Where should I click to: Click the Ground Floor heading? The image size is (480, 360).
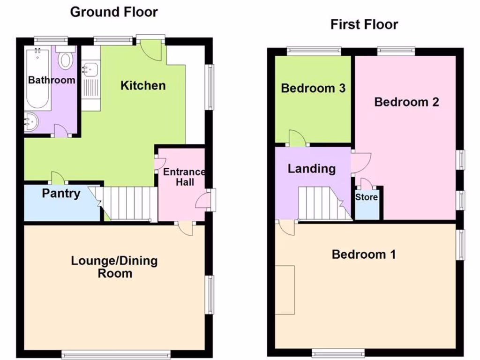pyautogui.click(x=114, y=12)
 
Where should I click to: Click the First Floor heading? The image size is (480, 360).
pyautogui.click(x=364, y=24)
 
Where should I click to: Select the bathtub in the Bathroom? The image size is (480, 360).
pyautogui.click(x=38, y=77)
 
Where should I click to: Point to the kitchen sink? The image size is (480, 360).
pyautogui.click(x=90, y=70)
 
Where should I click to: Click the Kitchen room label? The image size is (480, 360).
pyautogui.click(x=143, y=85)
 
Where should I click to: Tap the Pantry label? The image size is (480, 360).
pyautogui.click(x=61, y=193)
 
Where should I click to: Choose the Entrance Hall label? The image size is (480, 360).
pyautogui.click(x=184, y=177)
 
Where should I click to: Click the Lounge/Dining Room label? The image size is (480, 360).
pyautogui.click(x=114, y=267)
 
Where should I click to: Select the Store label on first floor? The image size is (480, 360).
pyautogui.click(x=366, y=197)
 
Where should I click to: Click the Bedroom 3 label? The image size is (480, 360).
pyautogui.click(x=313, y=88)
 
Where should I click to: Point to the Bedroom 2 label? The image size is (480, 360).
pyautogui.click(x=406, y=102)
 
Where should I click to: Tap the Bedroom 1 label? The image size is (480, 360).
pyautogui.click(x=364, y=254)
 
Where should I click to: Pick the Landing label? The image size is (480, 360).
pyautogui.click(x=312, y=168)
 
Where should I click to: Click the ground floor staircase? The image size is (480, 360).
pyautogui.click(x=129, y=204)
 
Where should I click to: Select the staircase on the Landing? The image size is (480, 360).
pyautogui.click(x=323, y=204)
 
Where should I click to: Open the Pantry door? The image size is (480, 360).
pyautogui.click(x=57, y=178)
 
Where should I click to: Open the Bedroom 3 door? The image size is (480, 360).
pyautogui.click(x=296, y=138)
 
